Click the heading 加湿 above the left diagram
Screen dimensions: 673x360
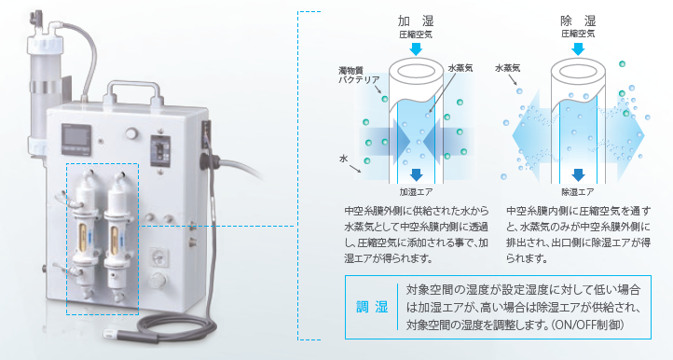[x=416, y=21]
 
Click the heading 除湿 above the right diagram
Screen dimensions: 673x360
[x=578, y=21]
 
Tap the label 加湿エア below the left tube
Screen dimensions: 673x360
[x=416, y=191]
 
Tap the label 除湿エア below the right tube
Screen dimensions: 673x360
[x=578, y=191]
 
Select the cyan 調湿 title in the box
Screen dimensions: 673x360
[x=372, y=307]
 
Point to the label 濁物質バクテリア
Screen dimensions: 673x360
[x=359, y=76]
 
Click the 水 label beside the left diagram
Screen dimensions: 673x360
[x=343, y=159]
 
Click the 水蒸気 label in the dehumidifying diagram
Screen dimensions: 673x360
[x=507, y=68]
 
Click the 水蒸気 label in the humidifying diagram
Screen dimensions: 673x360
[x=460, y=68]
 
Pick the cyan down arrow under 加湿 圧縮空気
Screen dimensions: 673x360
[x=416, y=48]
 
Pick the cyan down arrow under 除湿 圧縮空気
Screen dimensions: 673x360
[x=578, y=48]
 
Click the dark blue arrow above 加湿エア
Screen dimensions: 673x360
[x=417, y=174]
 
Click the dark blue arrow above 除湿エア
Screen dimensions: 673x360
[x=578, y=174]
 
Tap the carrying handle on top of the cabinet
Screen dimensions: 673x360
[x=133, y=90]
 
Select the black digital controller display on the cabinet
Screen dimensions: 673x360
[x=76, y=139]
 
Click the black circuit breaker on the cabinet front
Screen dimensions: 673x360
[x=160, y=151]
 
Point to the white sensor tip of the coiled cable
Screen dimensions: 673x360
[x=111, y=332]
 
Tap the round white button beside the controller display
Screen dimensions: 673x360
[x=130, y=133]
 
